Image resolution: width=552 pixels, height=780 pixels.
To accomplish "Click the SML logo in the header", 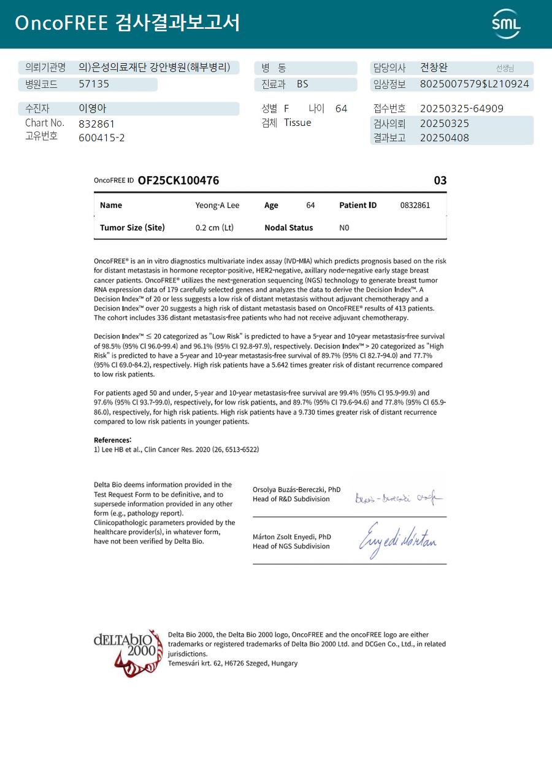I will coord(506,24).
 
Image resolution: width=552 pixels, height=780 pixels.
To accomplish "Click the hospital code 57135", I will coord(94,84).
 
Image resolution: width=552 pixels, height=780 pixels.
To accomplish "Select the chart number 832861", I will coord(97,123).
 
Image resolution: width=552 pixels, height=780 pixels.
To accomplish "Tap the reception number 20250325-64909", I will coord(461,109).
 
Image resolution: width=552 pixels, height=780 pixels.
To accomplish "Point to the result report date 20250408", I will coord(444,137).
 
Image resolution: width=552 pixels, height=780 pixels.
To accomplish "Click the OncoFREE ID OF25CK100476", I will coord(178,180).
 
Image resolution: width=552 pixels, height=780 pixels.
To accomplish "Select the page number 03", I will coord(440,180).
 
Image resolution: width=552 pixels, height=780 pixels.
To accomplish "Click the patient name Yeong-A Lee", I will coord(217,205).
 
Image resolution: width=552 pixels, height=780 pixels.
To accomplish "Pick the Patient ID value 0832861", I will coord(415,205).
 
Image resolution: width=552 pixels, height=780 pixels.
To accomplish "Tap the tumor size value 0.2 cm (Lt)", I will coord(215,228).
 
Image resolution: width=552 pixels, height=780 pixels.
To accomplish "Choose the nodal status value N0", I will coord(344,228).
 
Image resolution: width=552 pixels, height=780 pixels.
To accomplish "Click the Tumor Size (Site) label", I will coord(132,228).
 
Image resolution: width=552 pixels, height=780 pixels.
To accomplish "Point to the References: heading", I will coord(112,440).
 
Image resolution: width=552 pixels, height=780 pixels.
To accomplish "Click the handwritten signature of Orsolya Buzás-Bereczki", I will coord(398,498).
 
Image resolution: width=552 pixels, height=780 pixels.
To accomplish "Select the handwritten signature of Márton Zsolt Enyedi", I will coord(397,539).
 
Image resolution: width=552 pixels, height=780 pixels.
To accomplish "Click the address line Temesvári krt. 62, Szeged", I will coord(232,663).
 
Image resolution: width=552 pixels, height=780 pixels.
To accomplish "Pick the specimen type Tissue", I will coord(297,123).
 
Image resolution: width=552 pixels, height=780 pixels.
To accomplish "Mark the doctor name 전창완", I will coord(434,68).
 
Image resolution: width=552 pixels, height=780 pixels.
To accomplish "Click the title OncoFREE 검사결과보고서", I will coord(127,23).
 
